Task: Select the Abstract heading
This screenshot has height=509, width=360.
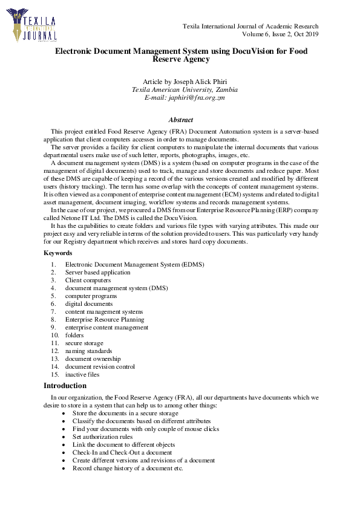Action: tap(180, 120)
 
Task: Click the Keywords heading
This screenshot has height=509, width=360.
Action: tap(58, 253)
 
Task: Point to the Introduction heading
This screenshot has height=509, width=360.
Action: tap(65, 386)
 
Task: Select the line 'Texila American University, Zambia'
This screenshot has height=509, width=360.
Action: tap(185, 89)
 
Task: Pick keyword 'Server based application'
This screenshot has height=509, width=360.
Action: tap(97, 273)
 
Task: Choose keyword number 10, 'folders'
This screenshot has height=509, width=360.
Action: tap(74, 335)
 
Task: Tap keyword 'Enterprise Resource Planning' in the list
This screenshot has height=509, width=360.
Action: tap(105, 319)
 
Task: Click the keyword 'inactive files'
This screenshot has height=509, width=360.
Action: tap(82, 374)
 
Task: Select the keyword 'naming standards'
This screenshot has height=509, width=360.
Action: tap(88, 351)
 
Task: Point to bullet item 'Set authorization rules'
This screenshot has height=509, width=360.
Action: tap(102, 436)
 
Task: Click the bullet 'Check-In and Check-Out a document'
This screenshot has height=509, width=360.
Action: tap(122, 452)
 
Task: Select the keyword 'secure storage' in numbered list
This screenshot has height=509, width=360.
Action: tap(85, 343)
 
